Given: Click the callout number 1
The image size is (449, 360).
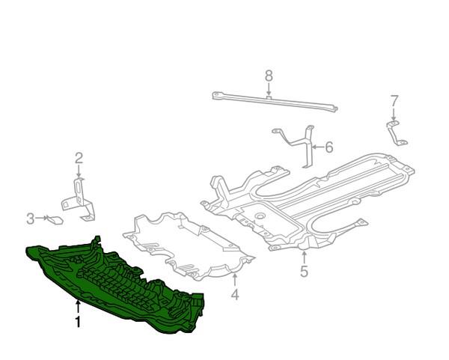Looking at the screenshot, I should (77, 323).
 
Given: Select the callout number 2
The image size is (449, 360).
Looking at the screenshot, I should (79, 157).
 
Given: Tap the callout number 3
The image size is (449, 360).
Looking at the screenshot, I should (31, 219).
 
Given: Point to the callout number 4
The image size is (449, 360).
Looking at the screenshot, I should (234, 295).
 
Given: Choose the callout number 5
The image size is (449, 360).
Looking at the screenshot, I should (304, 272).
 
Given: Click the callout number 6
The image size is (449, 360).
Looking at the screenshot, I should (329, 147).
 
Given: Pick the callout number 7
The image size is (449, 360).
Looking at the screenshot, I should (394, 100).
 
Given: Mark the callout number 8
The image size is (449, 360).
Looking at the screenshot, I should (269, 75).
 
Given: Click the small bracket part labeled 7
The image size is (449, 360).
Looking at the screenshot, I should (395, 133).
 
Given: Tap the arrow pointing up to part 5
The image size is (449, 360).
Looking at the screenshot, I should (304, 256).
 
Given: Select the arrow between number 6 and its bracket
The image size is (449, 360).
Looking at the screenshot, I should (317, 147).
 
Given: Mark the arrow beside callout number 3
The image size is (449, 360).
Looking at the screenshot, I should (42, 219).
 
